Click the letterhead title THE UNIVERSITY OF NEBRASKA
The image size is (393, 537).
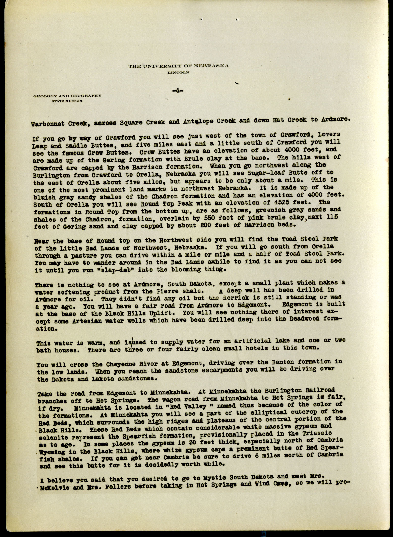click(178, 66)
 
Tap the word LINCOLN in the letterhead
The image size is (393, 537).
click(178, 72)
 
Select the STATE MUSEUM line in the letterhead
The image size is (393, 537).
click(67, 101)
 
